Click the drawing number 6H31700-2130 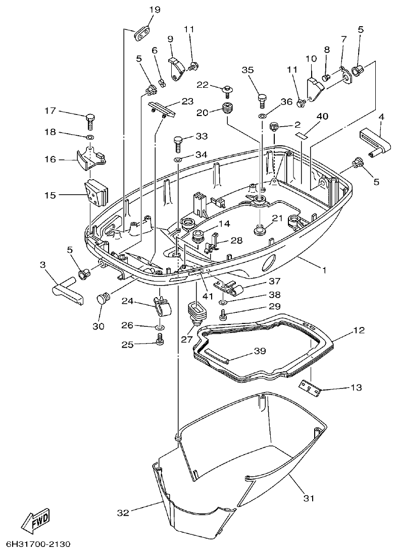[38, 544]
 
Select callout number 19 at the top [155, 10]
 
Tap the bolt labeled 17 [90, 121]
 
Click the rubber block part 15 [96, 193]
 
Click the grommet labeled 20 [229, 108]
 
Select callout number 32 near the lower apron [123, 513]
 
